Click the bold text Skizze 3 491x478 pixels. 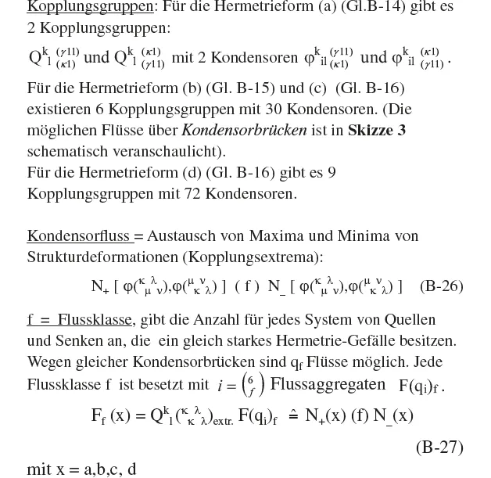tap(377, 131)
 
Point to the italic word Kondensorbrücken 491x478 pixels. tap(244, 131)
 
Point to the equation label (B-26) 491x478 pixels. tap(441, 286)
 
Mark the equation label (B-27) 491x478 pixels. tap(439, 447)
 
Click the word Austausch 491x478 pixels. tap(182, 236)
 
